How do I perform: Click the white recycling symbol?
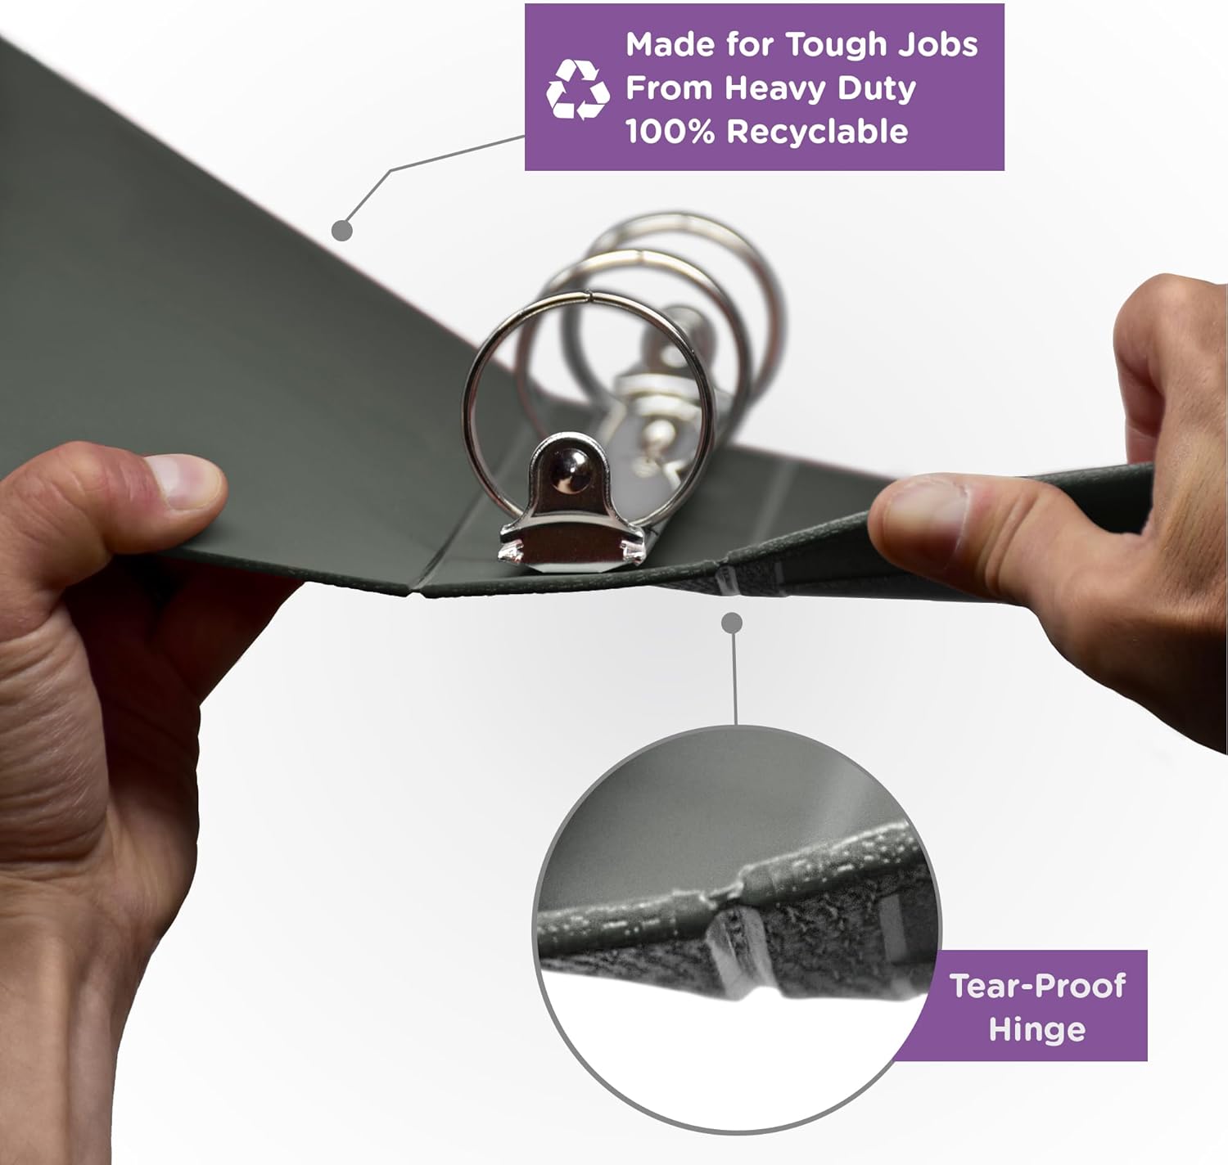577,89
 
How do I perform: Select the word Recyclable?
817,132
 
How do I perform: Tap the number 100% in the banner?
670,132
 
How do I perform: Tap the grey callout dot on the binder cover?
341,231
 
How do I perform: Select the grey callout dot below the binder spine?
731,623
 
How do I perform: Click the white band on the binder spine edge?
727,582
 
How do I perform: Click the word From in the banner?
669,88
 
